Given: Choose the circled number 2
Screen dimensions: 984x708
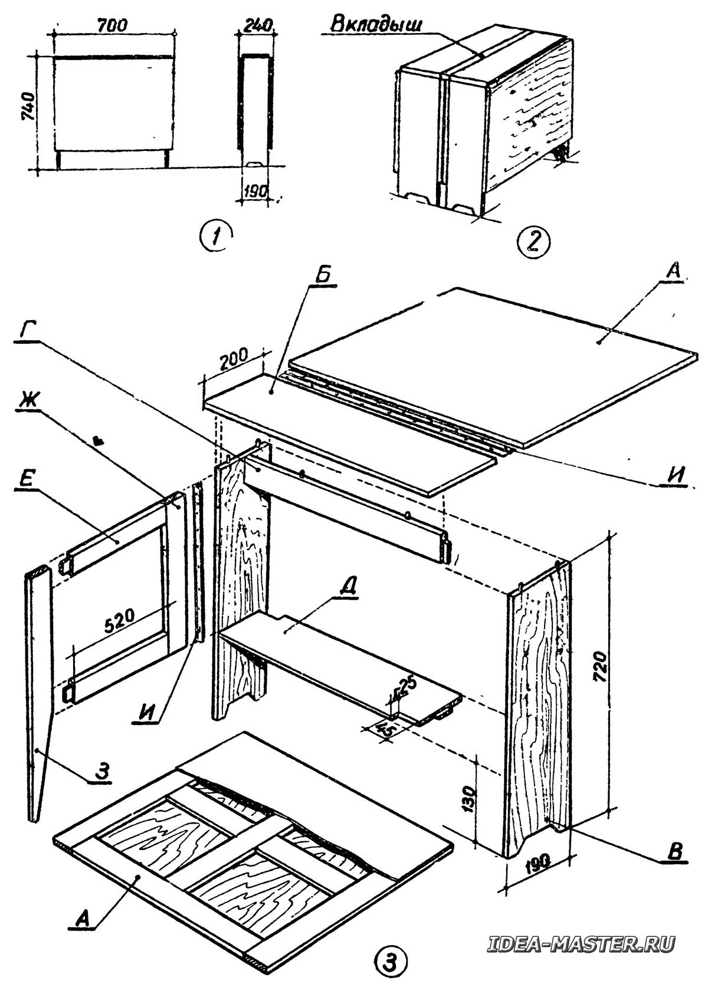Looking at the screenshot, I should [x=532, y=241].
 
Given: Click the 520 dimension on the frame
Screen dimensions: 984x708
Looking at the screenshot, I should [x=120, y=617].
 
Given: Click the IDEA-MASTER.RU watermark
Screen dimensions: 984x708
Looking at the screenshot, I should [x=581, y=943].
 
